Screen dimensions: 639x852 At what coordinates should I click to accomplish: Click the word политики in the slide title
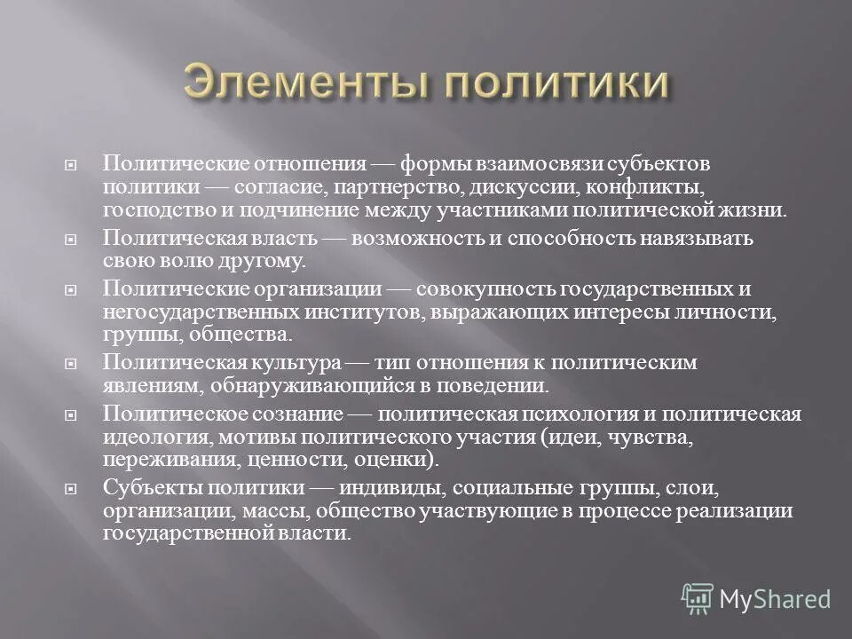(x=554, y=82)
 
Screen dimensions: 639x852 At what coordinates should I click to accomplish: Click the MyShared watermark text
(x=775, y=599)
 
